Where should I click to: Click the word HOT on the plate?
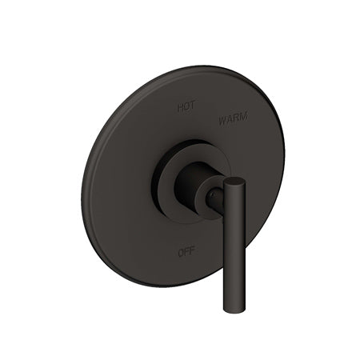click(x=186, y=104)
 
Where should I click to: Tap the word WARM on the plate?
click(x=233, y=118)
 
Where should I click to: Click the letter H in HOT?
click(x=179, y=104)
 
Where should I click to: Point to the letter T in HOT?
click(x=192, y=105)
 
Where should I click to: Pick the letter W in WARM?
click(x=222, y=117)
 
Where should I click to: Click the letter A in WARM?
click(x=229, y=118)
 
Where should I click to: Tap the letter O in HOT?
click(x=186, y=104)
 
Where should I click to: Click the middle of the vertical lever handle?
click(x=232, y=244)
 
